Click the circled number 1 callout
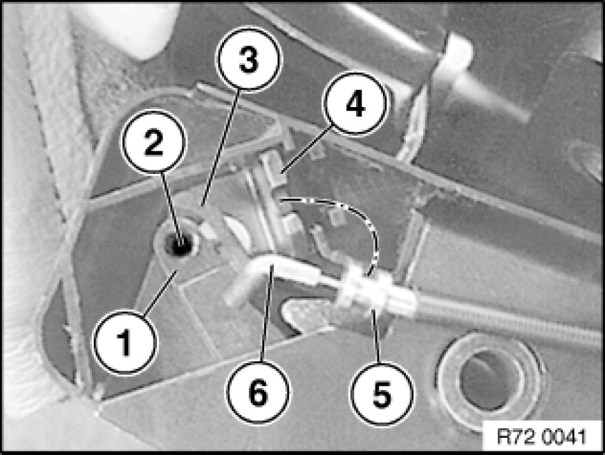(x=126, y=342)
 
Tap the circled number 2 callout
(x=154, y=142)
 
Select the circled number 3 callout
(x=249, y=59)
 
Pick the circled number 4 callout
(x=355, y=104)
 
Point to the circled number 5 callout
(x=381, y=394)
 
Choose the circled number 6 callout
(x=258, y=392)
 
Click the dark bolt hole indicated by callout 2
(x=178, y=244)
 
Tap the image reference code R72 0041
(x=541, y=437)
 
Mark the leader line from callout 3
(x=221, y=147)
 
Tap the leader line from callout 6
(x=267, y=313)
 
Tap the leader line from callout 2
(x=170, y=208)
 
